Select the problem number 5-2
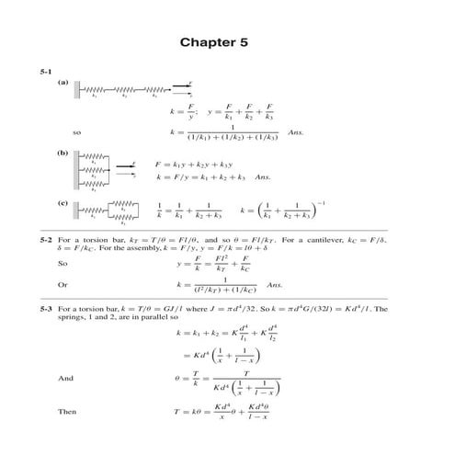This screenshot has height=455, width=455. [x=45, y=240]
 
